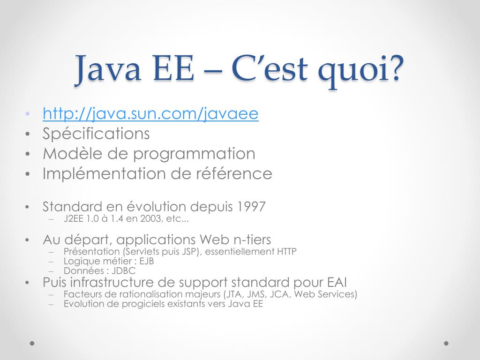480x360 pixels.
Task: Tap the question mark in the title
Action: (395, 69)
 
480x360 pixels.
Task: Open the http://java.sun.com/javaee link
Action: (150, 113)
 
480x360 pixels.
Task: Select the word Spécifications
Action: (96, 134)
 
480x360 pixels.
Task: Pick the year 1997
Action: (252, 206)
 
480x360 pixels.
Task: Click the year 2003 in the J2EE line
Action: (144, 218)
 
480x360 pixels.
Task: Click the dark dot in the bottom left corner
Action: (32, 343)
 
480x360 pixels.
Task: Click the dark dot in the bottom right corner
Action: (446, 343)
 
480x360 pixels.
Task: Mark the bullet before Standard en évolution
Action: (28, 207)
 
